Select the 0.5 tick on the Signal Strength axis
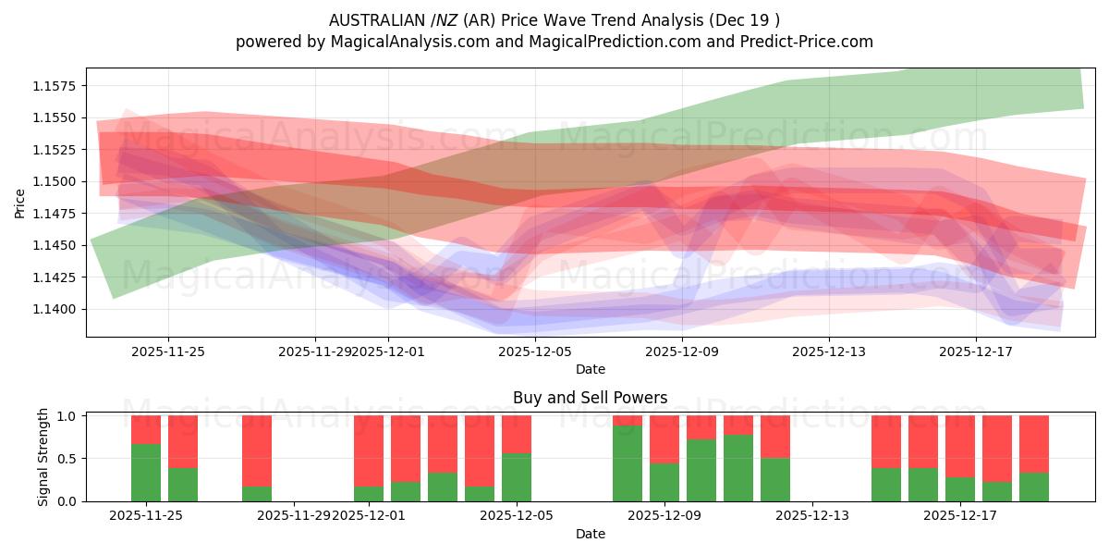67,459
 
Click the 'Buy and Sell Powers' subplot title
590,398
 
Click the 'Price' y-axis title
19,203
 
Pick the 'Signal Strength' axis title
43,458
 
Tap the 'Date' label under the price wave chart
591,369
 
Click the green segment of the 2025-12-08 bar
628,463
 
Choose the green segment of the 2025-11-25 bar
146,473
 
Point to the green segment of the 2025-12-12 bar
775,479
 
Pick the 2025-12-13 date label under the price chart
829,351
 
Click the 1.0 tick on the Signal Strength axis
67,416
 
